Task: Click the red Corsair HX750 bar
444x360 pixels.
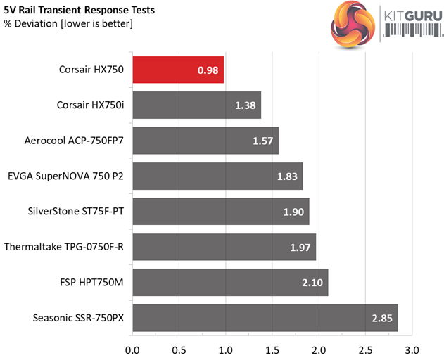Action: click(x=177, y=70)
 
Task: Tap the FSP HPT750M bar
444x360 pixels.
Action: click(x=229, y=282)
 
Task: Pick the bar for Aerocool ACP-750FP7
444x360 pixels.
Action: click(x=205, y=141)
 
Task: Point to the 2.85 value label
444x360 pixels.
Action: click(x=383, y=318)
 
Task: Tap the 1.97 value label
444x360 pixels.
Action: click(x=300, y=247)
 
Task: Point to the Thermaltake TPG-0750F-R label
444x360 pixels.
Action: click(x=64, y=247)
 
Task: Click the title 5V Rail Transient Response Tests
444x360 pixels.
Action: click(x=80, y=11)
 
